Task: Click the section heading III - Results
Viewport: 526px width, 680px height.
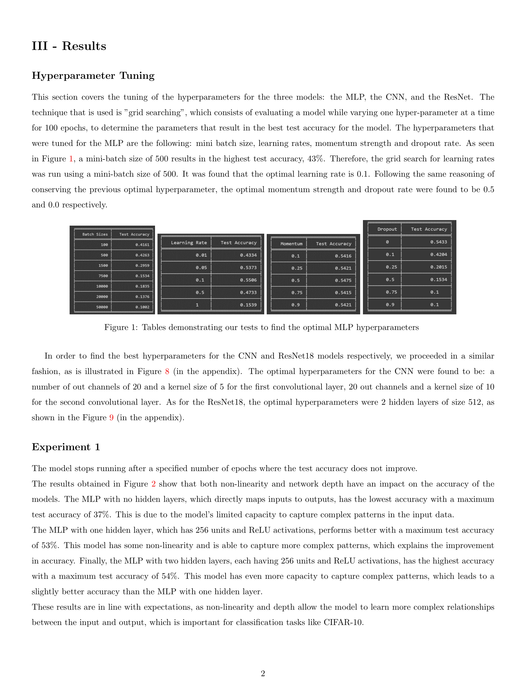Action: pos(69,46)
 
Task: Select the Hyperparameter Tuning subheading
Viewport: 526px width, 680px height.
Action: pos(93,76)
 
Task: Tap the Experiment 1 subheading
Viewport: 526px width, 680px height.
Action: pos(66,447)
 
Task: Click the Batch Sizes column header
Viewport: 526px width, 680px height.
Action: pos(95,235)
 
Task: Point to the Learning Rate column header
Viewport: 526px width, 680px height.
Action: pos(188,243)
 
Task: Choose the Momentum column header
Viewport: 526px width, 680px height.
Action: pos(291,244)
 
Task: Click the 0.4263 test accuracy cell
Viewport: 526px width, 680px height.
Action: pos(142,255)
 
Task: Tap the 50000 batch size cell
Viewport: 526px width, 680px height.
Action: pos(102,307)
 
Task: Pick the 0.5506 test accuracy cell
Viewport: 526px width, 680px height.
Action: pos(248,280)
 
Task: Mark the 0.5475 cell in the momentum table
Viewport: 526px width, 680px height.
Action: pos(343,280)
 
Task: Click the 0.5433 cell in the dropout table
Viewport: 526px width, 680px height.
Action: pos(438,242)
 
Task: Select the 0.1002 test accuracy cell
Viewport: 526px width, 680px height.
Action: pos(142,307)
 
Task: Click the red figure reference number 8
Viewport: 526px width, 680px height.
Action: pos(167,372)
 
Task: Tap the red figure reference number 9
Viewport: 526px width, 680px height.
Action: pos(111,418)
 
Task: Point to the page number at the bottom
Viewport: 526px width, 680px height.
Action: pos(263,674)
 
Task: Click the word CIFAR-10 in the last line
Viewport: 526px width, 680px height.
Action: pos(343,623)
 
